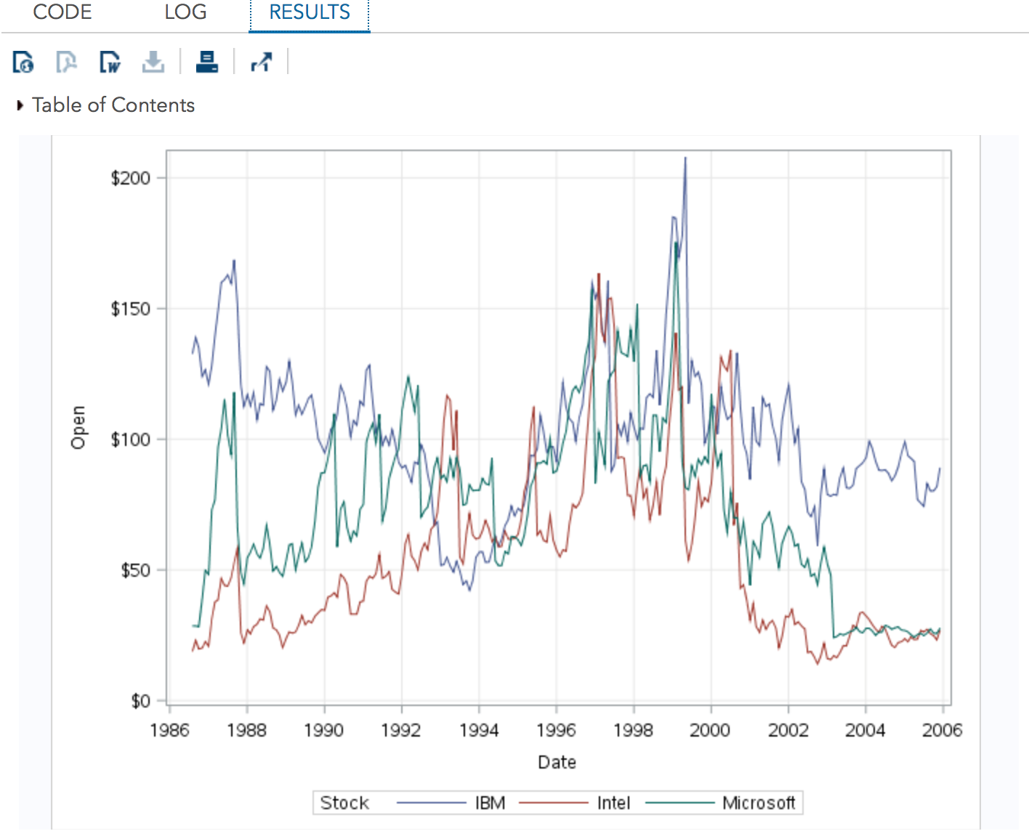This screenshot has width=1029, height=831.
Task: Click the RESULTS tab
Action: (310, 12)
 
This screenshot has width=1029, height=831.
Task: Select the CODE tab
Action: (62, 12)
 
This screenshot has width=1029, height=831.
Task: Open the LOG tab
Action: (185, 12)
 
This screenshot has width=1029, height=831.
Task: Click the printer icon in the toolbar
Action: (207, 62)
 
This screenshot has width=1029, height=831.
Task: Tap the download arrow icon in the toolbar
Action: (153, 62)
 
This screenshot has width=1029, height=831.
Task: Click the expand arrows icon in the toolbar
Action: (261, 62)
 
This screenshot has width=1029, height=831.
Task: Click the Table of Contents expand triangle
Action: (20, 105)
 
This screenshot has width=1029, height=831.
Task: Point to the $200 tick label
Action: (131, 178)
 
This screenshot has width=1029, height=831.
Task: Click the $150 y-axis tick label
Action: (131, 309)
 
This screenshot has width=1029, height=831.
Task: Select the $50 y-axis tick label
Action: (135, 570)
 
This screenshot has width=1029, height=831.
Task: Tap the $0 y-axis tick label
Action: (140, 701)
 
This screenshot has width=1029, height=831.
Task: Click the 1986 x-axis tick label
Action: (169, 730)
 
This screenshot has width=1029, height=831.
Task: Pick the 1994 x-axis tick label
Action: (479, 730)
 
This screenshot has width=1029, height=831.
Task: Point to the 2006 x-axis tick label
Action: (942, 730)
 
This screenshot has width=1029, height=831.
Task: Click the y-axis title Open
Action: (78, 427)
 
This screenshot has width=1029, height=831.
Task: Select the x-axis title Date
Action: (557, 762)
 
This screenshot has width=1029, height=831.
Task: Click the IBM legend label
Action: (490, 803)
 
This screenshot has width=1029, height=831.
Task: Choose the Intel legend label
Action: (613, 803)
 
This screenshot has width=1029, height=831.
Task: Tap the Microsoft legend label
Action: (759, 803)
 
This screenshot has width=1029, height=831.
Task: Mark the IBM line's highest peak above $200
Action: (685, 158)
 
